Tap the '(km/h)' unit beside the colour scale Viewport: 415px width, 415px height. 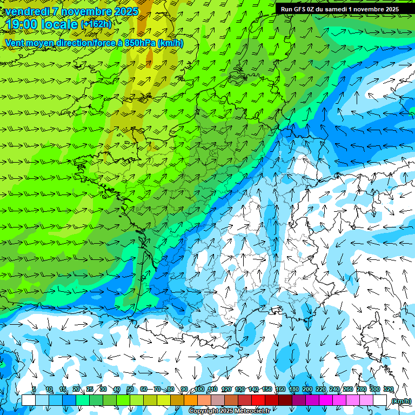(x=401, y=401)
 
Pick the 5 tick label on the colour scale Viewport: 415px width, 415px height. (x=34, y=389)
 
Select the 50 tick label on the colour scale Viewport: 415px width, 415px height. (x=130, y=389)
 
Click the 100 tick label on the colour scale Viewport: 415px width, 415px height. (x=199, y=389)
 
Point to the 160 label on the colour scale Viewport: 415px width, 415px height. (x=280, y=389)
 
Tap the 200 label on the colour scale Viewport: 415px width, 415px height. (x=307, y=389)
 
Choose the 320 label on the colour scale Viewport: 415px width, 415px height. (x=387, y=389)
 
